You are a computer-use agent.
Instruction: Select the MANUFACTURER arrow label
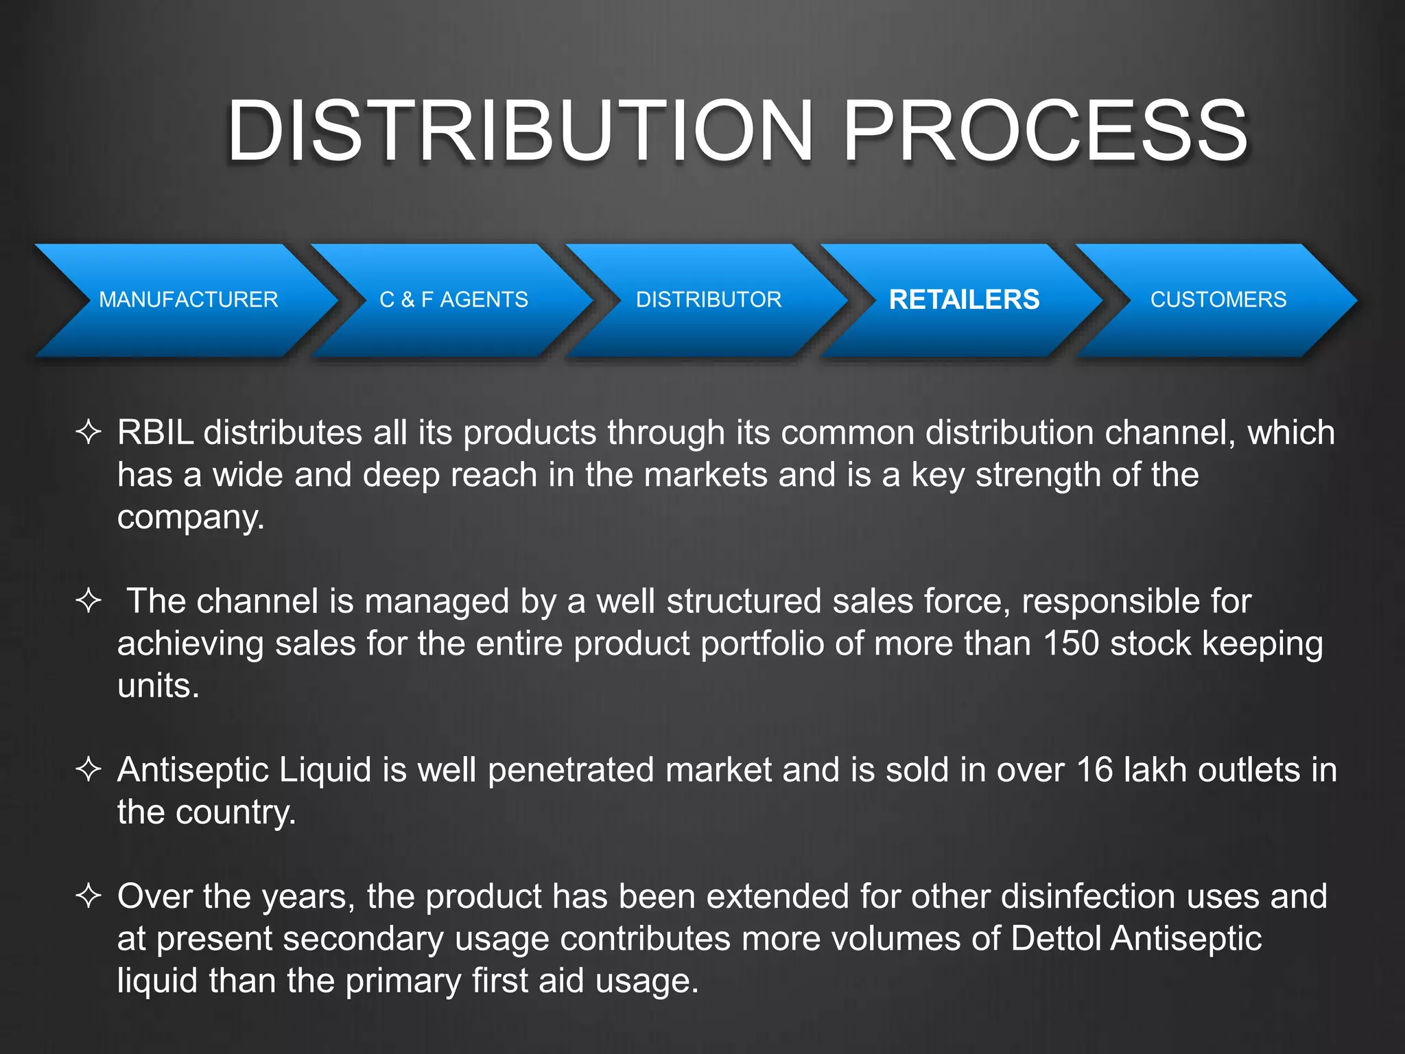pos(189,300)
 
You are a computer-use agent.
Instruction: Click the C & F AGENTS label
pos(453,300)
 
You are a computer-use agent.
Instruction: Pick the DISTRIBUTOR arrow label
pos(709,300)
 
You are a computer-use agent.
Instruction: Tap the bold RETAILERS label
pos(964,300)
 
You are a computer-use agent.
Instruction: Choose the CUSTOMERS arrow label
pos(1218,300)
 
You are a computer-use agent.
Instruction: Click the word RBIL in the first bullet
pos(155,433)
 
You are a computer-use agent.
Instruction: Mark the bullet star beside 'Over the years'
pos(88,895)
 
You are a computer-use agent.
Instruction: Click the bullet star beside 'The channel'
pos(88,601)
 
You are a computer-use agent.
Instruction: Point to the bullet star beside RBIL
pos(88,432)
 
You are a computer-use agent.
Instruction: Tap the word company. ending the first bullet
pos(191,518)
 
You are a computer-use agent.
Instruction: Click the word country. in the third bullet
pos(235,813)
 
